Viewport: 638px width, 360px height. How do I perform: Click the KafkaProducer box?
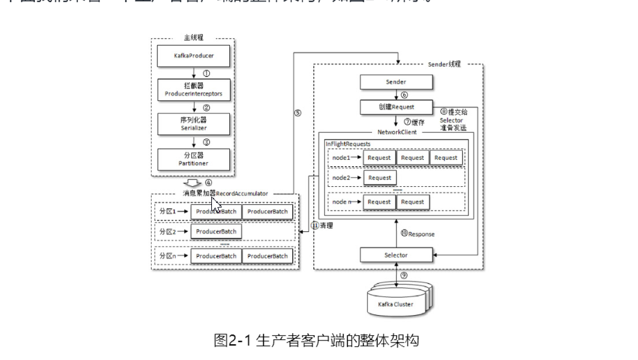click(x=195, y=53)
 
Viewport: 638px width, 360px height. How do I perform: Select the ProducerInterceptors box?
click(x=195, y=88)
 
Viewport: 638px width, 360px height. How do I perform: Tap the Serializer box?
click(x=195, y=123)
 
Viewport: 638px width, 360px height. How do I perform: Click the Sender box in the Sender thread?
click(x=396, y=82)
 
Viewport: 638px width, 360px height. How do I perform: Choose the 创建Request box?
click(x=396, y=107)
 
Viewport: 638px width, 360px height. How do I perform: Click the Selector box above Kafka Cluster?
click(x=396, y=255)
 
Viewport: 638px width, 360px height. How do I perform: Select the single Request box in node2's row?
click(x=380, y=178)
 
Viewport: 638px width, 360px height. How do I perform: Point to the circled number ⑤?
click(x=297, y=113)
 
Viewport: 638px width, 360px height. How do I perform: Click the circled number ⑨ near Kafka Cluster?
click(x=403, y=275)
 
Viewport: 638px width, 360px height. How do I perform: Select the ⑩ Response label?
click(x=417, y=234)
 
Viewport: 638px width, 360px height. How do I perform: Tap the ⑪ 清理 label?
click(x=323, y=226)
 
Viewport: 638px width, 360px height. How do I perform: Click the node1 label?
click(x=341, y=158)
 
